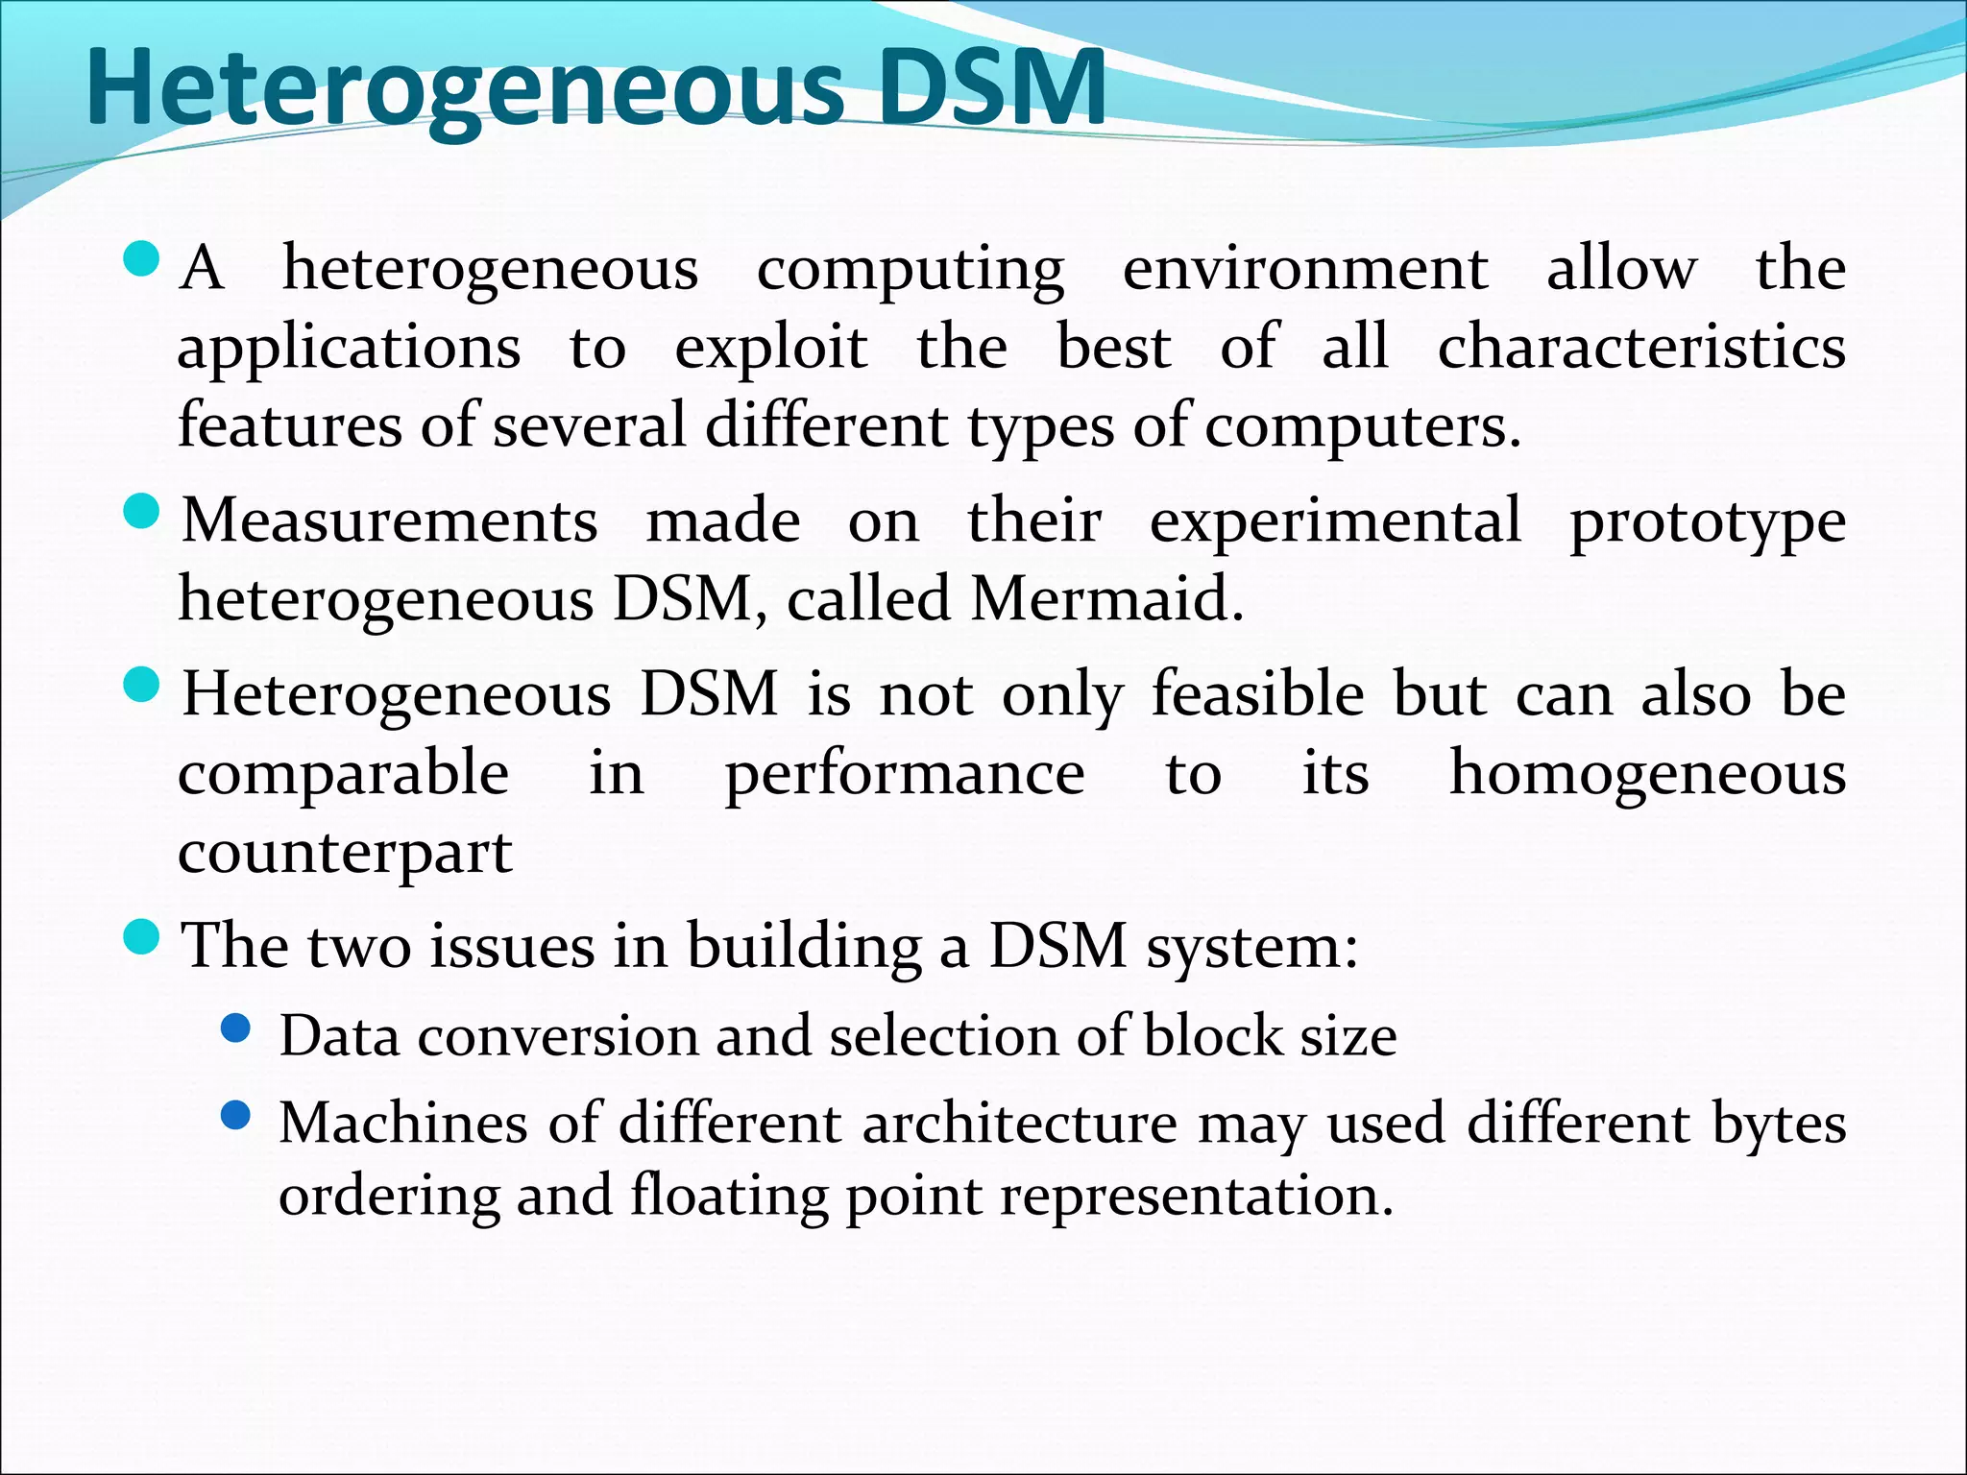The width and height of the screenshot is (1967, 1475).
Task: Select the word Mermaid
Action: [1105, 598]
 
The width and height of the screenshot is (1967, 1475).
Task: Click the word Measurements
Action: [390, 520]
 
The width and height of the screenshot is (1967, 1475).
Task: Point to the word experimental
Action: [1335, 520]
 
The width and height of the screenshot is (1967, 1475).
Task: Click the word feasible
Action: [1257, 693]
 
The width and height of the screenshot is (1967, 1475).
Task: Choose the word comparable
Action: [343, 774]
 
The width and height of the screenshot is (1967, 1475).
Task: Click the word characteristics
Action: [1640, 346]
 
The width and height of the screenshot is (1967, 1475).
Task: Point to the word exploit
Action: [771, 348]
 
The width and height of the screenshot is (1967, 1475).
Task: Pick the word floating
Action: [729, 1197]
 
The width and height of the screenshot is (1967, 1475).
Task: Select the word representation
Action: [1196, 1197]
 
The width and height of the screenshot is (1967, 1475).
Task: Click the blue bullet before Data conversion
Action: [235, 1028]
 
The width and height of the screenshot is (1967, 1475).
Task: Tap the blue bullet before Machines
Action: [235, 1115]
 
